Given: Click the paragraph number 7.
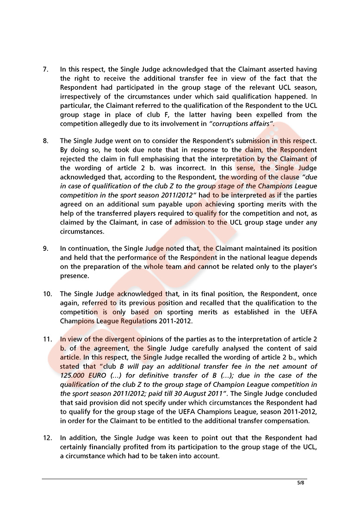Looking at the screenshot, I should pyautogui.click(x=45, y=69).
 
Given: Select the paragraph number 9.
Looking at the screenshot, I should pyautogui.click(x=45, y=248).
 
